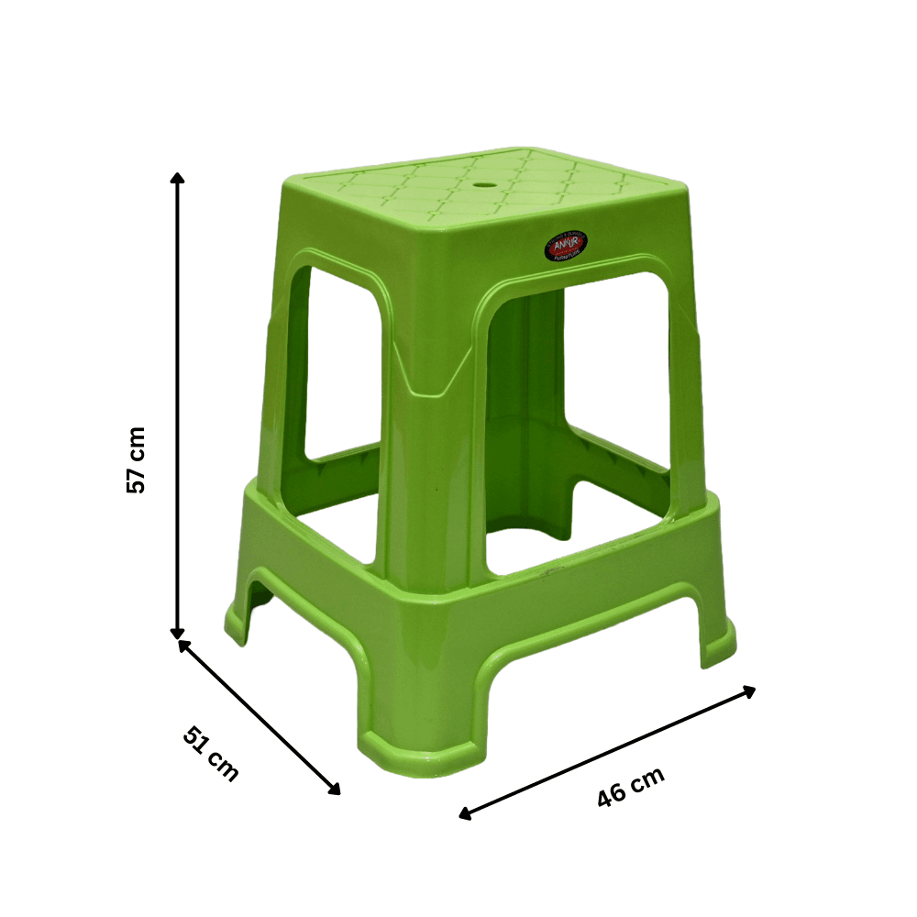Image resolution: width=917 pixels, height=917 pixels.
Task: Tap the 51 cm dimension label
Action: [x=211, y=754]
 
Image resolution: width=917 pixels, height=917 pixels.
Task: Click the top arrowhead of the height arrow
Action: [x=178, y=177]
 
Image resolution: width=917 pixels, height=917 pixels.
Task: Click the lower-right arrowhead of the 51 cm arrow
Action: [x=335, y=790]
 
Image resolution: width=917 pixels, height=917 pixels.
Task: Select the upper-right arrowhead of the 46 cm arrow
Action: [x=749, y=691]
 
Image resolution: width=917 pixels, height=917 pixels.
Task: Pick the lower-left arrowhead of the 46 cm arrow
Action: [x=465, y=813]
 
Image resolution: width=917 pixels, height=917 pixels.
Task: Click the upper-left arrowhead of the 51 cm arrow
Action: [x=183, y=646]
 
